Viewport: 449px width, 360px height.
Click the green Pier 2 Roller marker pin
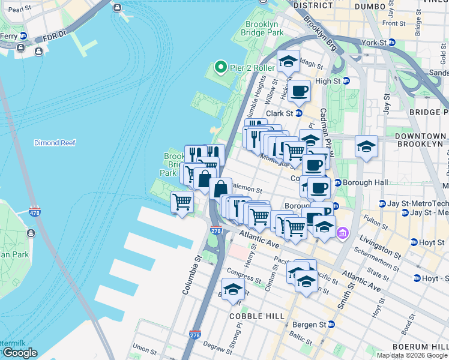220,68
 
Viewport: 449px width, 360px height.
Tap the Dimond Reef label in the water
55,143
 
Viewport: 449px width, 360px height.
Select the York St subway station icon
392,43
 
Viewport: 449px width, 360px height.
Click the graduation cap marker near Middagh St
288,61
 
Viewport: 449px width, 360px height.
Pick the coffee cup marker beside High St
299,91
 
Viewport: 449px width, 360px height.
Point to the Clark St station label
279,113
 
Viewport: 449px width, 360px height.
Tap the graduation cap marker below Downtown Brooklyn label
366,146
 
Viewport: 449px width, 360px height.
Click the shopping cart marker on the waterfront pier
182,202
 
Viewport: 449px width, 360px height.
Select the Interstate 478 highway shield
35,212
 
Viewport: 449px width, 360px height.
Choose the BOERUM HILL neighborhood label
420,347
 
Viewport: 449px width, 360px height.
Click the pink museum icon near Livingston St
342,232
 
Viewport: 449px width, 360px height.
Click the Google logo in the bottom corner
20,353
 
